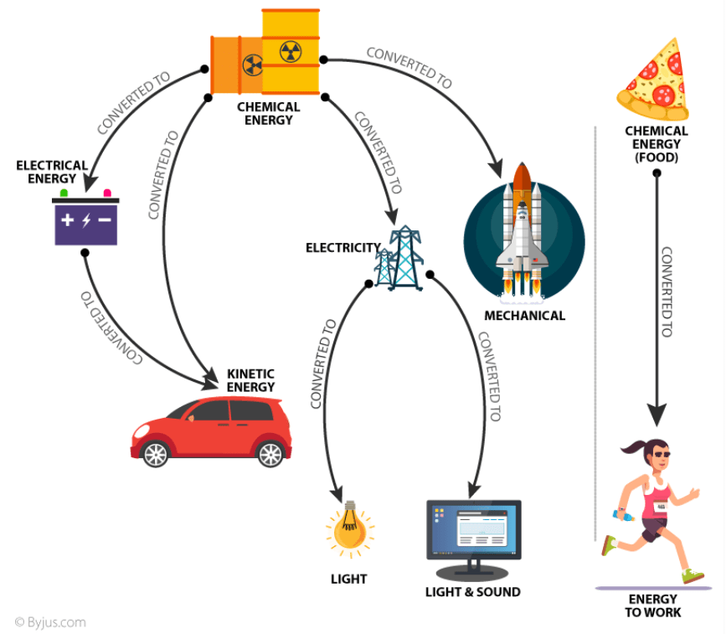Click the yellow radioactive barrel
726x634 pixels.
[x=291, y=50]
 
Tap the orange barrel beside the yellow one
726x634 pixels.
[x=236, y=64]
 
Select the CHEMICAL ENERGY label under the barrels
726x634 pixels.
[x=268, y=113]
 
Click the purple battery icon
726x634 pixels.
[x=86, y=222]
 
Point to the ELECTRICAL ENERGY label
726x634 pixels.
[x=52, y=172]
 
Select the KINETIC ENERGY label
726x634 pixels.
[x=250, y=380]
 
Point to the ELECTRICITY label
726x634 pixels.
[x=342, y=248]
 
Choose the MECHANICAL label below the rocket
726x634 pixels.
[x=524, y=316]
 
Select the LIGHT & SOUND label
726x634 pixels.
[x=473, y=592]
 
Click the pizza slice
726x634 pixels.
[x=655, y=80]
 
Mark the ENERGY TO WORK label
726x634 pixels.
[x=653, y=606]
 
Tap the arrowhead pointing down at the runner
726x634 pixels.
[x=657, y=415]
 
